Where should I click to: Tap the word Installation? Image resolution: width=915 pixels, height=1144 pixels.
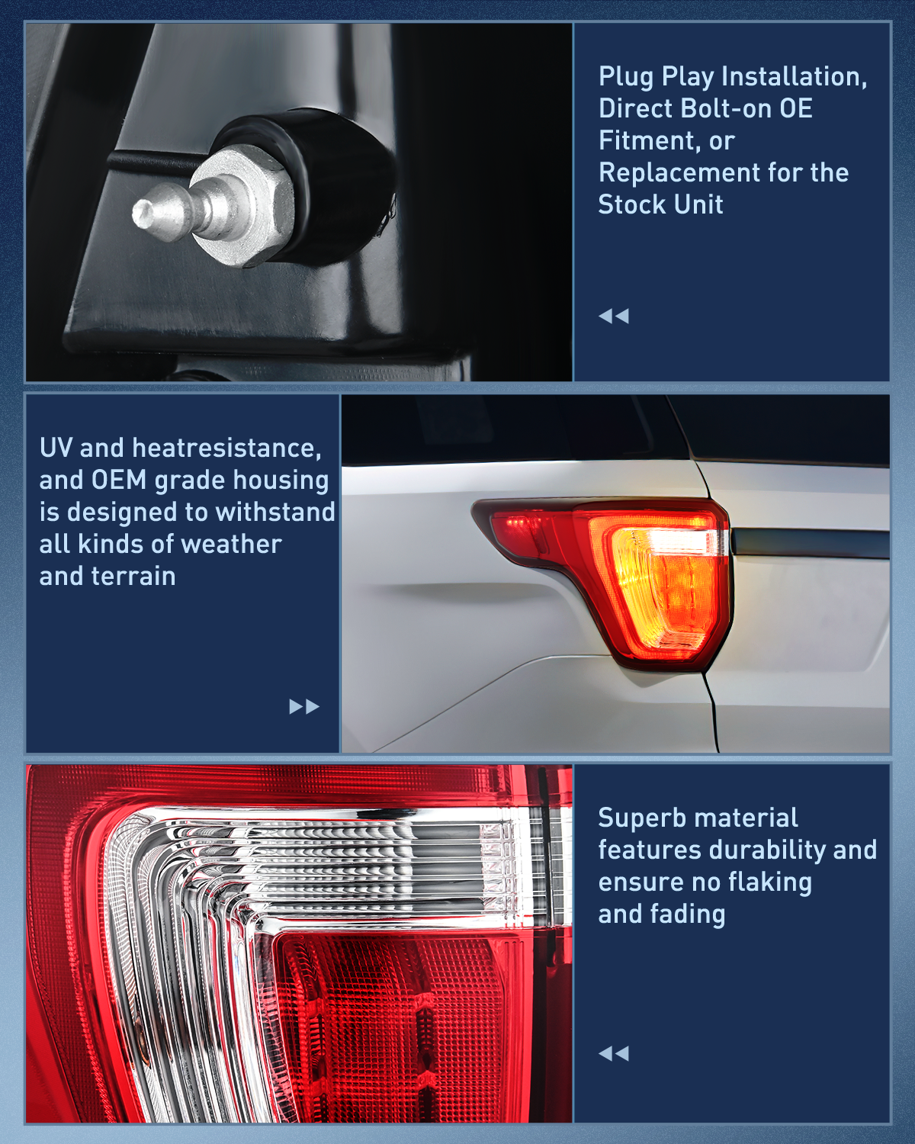pyautogui.click(x=794, y=77)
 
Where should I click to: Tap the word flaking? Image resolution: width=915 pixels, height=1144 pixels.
pyautogui.click(x=769, y=882)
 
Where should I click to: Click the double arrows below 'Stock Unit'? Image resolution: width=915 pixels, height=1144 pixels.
pyautogui.click(x=614, y=316)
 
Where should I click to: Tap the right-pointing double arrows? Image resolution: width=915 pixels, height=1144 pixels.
pyautogui.click(x=304, y=707)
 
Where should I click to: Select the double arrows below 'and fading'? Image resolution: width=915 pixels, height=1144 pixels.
pyautogui.click(x=614, y=1054)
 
